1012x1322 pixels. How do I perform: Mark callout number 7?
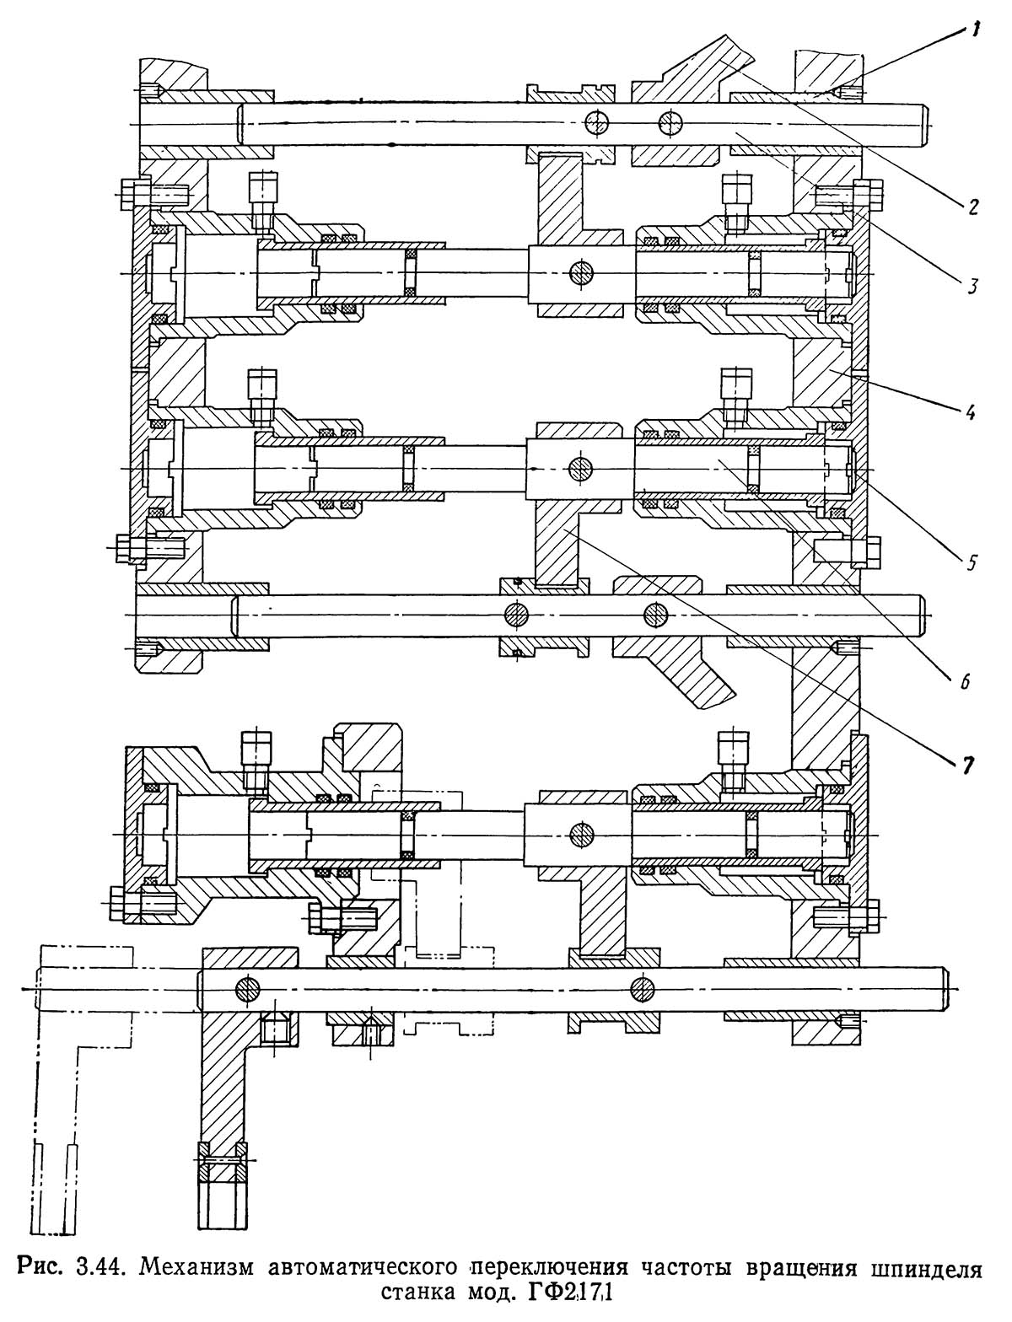pyautogui.click(x=968, y=766)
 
